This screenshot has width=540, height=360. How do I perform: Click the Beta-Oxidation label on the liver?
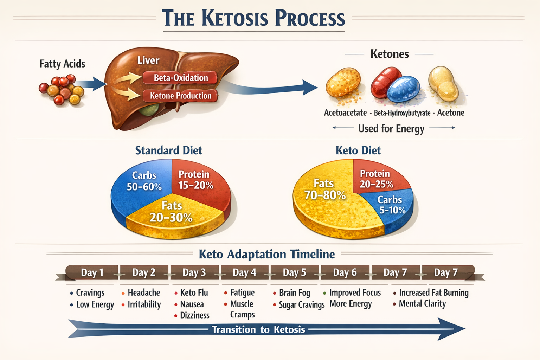pos(180,78)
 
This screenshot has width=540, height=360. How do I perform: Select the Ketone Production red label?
pos(180,96)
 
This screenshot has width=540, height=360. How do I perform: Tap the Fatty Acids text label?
pos(62,64)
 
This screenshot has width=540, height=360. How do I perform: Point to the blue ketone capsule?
pos(403,89)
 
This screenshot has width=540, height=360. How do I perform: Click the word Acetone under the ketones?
pos(451,113)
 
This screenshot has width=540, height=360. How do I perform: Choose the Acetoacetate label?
pos(345,113)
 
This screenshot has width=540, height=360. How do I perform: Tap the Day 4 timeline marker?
pos(244,272)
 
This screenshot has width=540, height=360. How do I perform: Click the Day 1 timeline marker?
pos(92,272)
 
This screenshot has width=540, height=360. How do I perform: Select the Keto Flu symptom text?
pos(194,292)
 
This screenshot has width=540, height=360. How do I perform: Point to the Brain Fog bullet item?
pos(294,292)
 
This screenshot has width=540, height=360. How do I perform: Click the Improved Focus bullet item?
pos(355,292)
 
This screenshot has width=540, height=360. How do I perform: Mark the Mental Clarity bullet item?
pos(422,304)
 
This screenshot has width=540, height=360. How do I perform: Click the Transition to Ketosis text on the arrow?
pos(258,329)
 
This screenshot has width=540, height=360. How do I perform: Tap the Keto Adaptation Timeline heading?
pos(266,254)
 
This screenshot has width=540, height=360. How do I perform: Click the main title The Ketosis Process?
pos(253,18)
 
